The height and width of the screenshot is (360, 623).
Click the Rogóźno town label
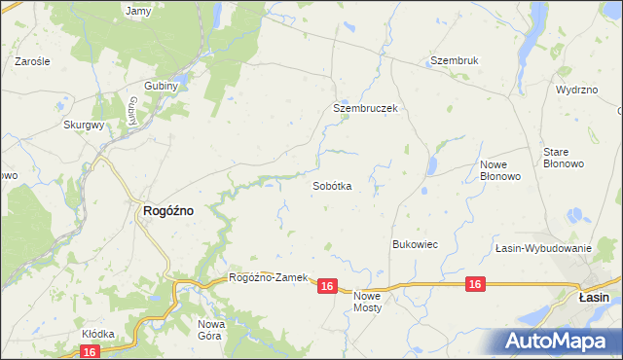(168, 209)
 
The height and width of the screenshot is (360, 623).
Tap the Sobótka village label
(332, 185)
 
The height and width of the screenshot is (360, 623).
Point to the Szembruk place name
(455, 60)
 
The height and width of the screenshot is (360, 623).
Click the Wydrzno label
(576, 90)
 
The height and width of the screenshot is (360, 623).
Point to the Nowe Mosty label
(368, 301)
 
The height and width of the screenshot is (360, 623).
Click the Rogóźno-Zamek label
(268, 277)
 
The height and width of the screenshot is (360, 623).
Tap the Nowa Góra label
(211, 329)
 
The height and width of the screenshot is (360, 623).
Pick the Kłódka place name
(97, 334)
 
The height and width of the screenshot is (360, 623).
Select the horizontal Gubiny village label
(162, 86)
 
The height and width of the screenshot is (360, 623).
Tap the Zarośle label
(32, 60)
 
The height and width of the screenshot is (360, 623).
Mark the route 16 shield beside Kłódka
(91, 351)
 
